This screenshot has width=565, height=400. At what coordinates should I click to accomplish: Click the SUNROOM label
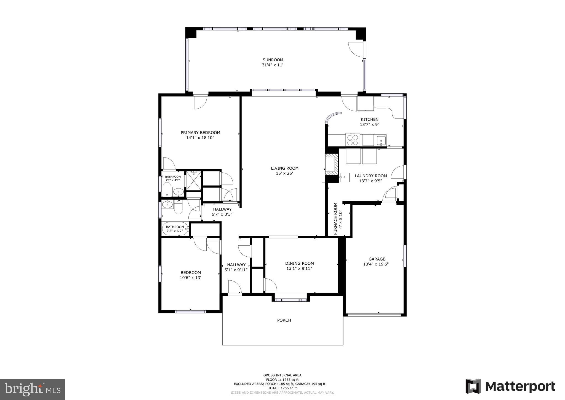coord(273,60)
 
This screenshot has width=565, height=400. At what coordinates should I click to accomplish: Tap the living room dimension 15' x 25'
coord(284,173)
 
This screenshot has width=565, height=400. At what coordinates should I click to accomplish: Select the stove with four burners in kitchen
coord(353,140)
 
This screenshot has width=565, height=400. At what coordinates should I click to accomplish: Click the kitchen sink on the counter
coord(382,140)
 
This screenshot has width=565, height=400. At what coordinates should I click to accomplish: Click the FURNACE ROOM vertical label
coord(335,219)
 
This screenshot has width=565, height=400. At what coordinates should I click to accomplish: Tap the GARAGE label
coord(377,259)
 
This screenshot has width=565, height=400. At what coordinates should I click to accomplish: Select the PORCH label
coord(284,320)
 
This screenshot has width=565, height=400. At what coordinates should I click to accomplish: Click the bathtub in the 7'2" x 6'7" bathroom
coord(175,229)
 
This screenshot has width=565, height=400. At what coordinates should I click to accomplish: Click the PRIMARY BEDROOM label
coord(200,133)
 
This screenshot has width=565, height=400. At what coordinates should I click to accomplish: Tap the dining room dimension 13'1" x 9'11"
coord(299,269)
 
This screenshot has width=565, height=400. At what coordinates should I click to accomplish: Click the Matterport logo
coord(510,386)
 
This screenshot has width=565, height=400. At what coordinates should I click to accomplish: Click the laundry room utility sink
coord(344,177)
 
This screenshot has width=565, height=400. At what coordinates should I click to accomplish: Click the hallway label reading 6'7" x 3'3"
coord(222,214)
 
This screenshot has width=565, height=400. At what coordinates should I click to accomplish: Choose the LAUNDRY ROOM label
coord(371,176)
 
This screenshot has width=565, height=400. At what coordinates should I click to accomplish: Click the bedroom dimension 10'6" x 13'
coord(190,278)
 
